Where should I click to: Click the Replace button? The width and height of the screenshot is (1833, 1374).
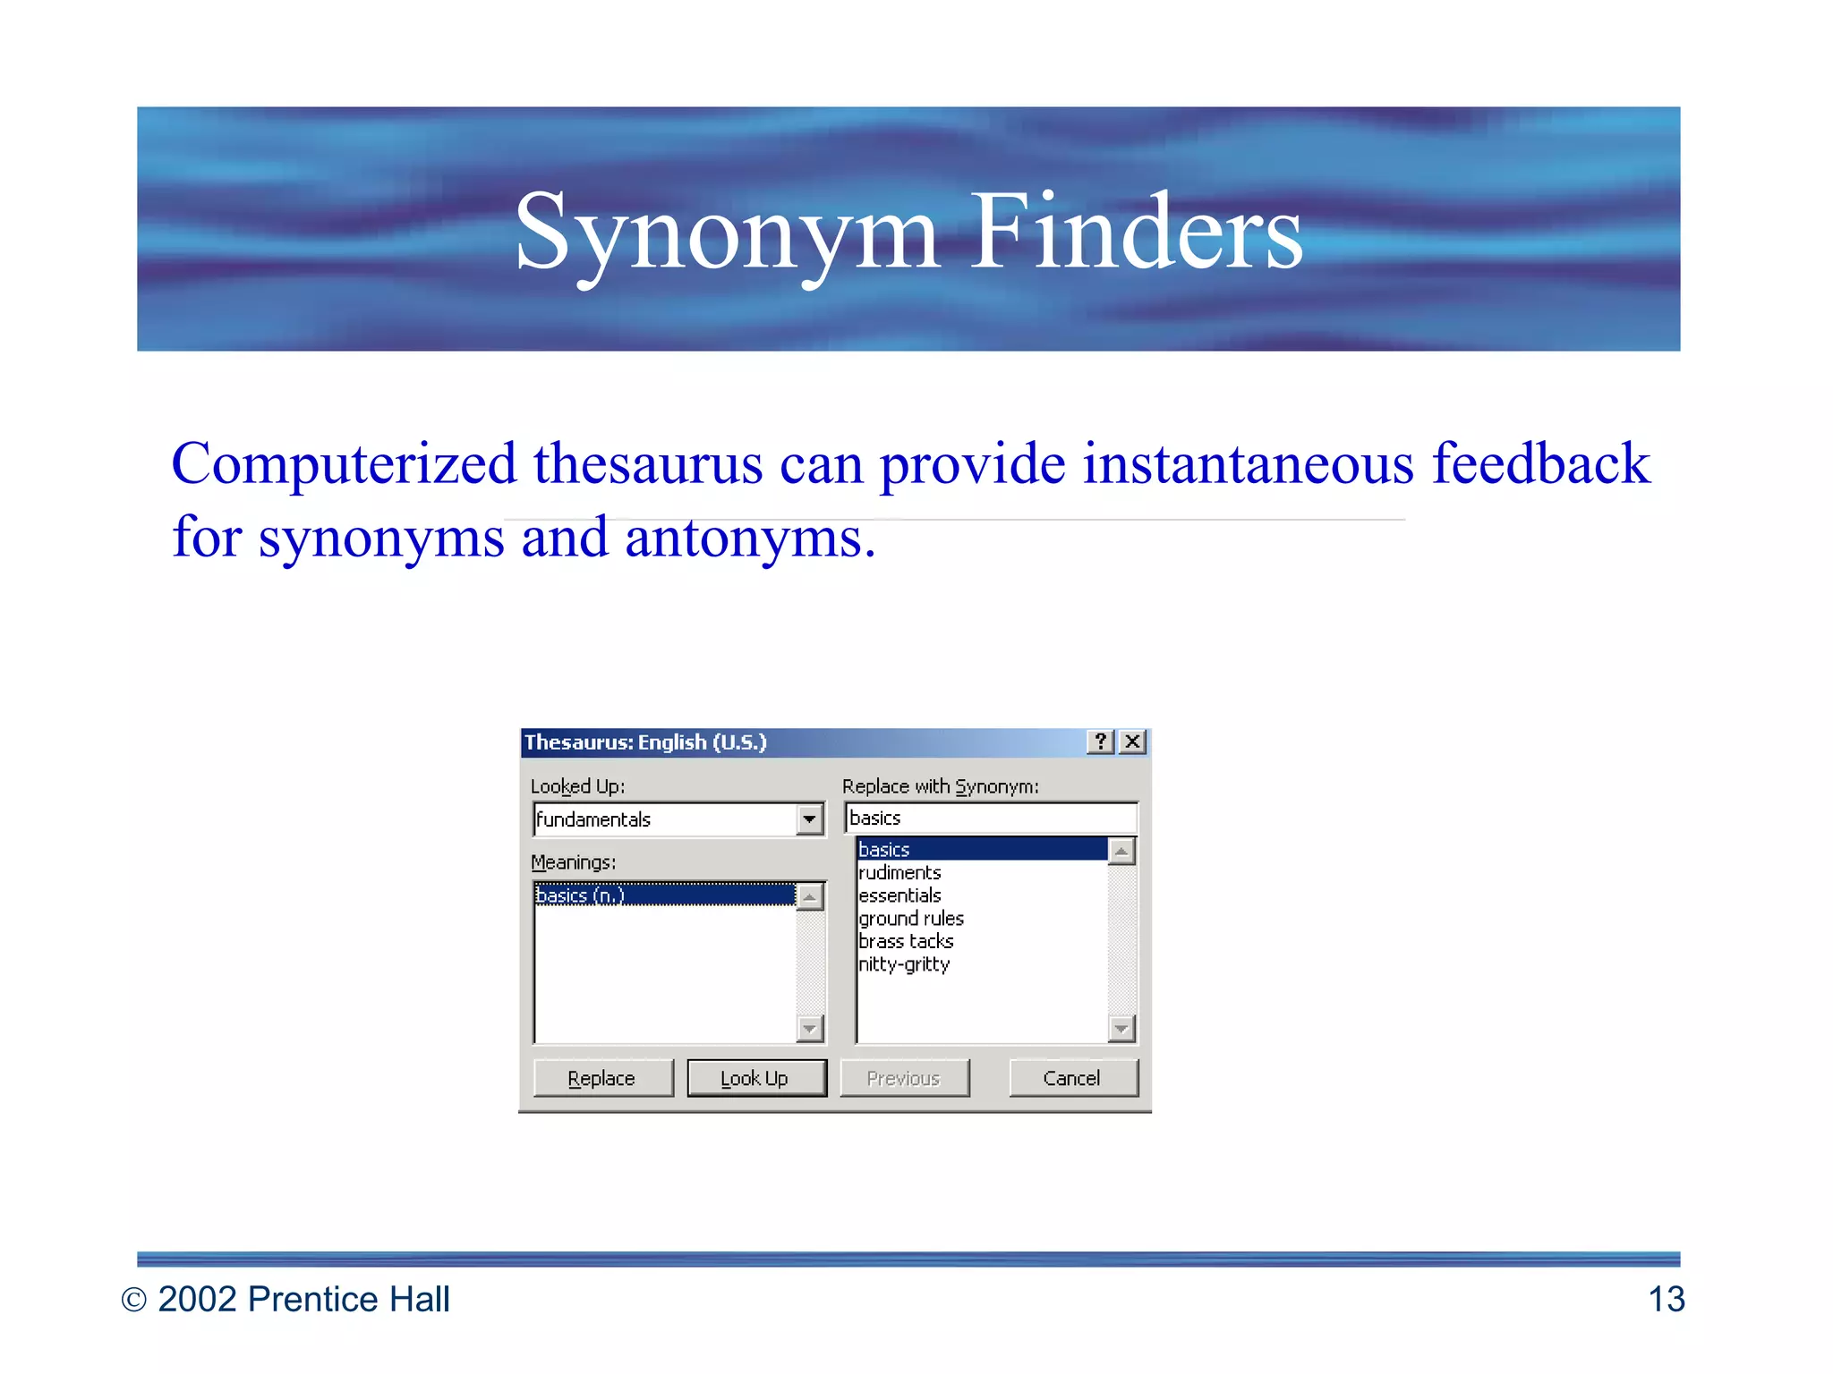[x=601, y=1078]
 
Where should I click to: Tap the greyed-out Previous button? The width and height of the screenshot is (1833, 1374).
[x=904, y=1078]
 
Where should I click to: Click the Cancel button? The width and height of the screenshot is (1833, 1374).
[x=1072, y=1078]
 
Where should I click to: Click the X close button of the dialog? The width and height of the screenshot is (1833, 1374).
[x=1132, y=742]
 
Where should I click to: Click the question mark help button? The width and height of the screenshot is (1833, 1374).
[x=1101, y=742]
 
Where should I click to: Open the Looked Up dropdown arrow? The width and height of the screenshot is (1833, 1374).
[x=809, y=818]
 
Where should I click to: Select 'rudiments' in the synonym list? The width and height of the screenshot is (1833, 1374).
[x=899, y=872]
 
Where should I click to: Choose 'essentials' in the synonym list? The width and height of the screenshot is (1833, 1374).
[x=899, y=895]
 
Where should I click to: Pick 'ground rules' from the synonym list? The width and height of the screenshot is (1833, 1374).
[x=911, y=919]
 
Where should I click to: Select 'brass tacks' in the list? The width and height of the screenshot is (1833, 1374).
[x=906, y=941]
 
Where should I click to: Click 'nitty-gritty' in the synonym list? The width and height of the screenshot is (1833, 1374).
[x=904, y=964]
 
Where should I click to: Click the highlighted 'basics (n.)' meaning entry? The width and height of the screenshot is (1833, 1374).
[x=580, y=895]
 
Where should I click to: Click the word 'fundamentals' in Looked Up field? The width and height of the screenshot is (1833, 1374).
[x=593, y=819]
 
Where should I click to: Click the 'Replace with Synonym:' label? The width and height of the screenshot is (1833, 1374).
[x=940, y=786]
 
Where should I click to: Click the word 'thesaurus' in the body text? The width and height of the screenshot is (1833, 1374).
[x=648, y=465]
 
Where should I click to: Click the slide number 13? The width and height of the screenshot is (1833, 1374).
[x=1666, y=1299]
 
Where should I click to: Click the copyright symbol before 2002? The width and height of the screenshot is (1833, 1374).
[x=133, y=1300]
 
